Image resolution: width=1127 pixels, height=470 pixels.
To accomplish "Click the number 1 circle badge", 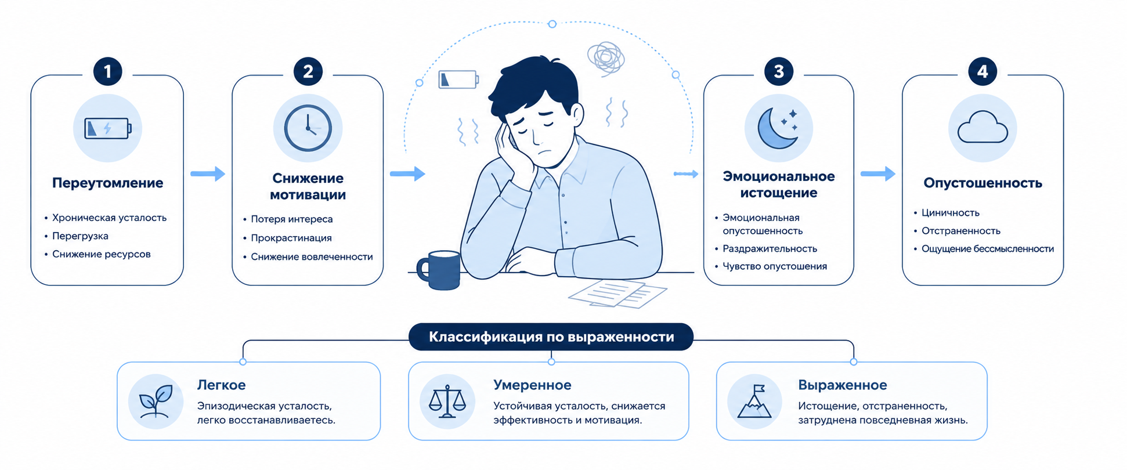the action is pyautogui.click(x=107, y=71).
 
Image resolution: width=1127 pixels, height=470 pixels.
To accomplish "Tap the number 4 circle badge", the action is pyautogui.click(x=982, y=71).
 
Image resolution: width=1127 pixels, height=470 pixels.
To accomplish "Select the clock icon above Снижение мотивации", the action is pyautogui.click(x=308, y=128).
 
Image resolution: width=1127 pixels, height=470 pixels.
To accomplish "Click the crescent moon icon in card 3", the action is pyautogui.click(x=778, y=128).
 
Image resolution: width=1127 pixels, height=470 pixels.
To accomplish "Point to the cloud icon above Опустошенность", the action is pyautogui.click(x=982, y=127).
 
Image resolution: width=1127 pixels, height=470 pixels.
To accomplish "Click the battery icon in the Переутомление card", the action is pyautogui.click(x=108, y=128).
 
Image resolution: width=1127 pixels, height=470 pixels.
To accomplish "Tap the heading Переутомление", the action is pyautogui.click(x=108, y=183).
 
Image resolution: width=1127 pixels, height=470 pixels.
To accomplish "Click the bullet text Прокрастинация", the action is pyautogui.click(x=291, y=238).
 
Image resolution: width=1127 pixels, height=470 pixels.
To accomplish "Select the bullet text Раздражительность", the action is pyautogui.click(x=770, y=248).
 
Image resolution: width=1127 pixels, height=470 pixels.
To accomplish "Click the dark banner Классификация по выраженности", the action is pyautogui.click(x=551, y=337).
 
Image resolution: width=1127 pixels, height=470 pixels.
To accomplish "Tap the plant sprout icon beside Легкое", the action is pyautogui.click(x=156, y=401).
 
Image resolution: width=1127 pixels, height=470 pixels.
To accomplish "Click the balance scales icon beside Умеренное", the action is pyautogui.click(x=447, y=402).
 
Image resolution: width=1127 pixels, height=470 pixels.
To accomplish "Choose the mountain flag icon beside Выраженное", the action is pyautogui.click(x=754, y=402).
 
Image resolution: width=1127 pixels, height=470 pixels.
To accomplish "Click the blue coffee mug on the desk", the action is pyautogui.click(x=439, y=270).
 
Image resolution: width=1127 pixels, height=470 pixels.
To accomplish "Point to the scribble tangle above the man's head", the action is pyautogui.click(x=606, y=59).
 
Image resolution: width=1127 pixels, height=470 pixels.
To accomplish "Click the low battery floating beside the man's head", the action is pyautogui.click(x=458, y=79).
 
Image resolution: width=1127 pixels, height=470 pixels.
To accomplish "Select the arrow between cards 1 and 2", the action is pyautogui.click(x=208, y=173).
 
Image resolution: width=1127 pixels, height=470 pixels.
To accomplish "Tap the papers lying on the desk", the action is pyautogui.click(x=617, y=294).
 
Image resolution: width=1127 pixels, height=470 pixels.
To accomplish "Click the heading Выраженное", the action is pyautogui.click(x=842, y=385).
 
